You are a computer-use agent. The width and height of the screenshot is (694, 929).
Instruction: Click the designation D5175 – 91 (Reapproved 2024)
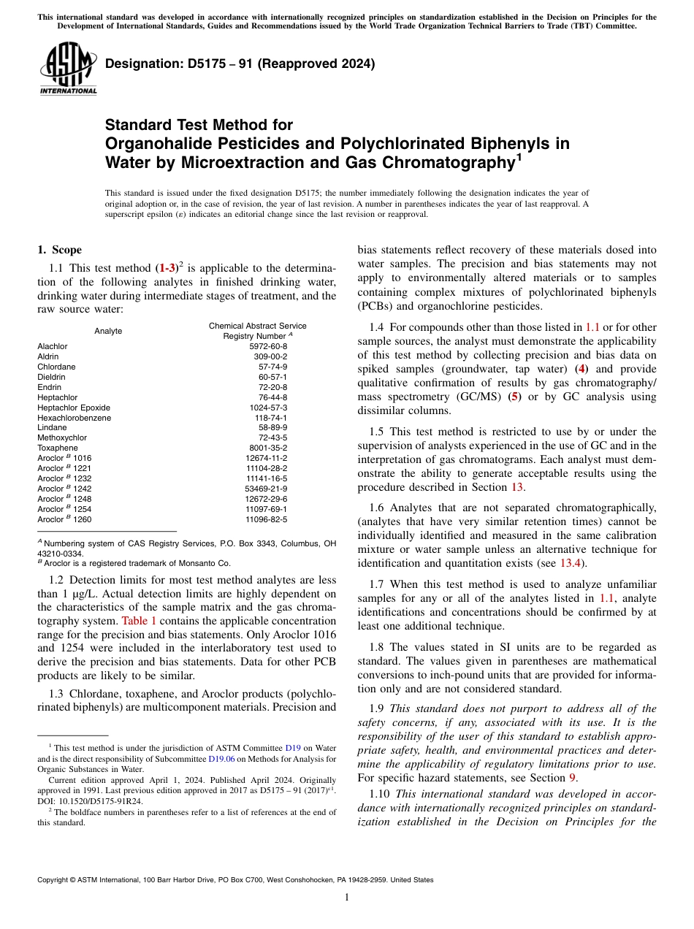click(x=240, y=64)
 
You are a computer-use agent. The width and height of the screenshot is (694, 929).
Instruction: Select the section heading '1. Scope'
click(x=60, y=250)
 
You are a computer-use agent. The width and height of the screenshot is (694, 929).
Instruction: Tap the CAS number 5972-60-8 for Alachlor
click(x=269, y=346)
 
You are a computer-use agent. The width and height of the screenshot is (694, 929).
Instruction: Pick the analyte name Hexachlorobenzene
click(x=75, y=417)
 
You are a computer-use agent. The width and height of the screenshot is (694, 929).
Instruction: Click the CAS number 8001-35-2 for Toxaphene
click(x=269, y=448)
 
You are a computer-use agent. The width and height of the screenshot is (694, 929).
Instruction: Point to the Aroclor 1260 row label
click(x=64, y=519)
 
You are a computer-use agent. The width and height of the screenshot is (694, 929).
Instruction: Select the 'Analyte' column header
click(x=108, y=331)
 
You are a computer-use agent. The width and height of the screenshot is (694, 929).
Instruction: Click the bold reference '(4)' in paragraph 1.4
click(x=581, y=369)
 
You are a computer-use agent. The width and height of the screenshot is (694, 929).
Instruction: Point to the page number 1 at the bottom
click(x=347, y=898)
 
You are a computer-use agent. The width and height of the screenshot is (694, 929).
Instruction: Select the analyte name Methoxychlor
click(x=62, y=437)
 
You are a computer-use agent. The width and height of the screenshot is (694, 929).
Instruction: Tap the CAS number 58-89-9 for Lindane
click(x=272, y=427)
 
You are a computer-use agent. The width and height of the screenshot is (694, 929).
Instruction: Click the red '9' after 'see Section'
click(x=573, y=778)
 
